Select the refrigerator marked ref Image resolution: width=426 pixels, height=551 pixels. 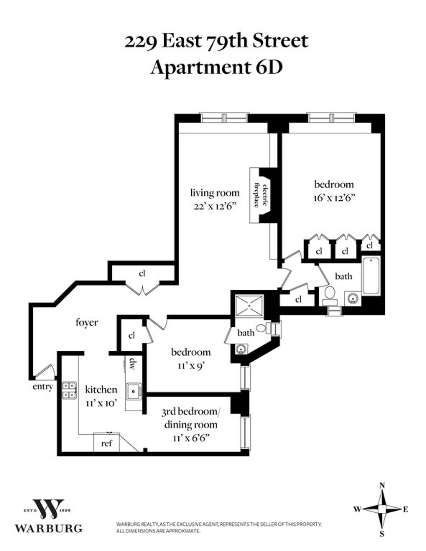106,443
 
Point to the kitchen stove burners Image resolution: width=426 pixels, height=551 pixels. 69,390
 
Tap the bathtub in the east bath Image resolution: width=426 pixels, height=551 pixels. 371,275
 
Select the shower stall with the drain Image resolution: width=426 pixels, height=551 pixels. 251,305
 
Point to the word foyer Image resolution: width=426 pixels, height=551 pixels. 87,323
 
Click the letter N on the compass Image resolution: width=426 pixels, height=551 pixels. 382,485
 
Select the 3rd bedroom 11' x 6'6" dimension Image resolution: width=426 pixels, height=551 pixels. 190,438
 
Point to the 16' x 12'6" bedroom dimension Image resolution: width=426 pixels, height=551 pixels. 334,197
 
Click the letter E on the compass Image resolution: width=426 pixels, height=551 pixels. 405,510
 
